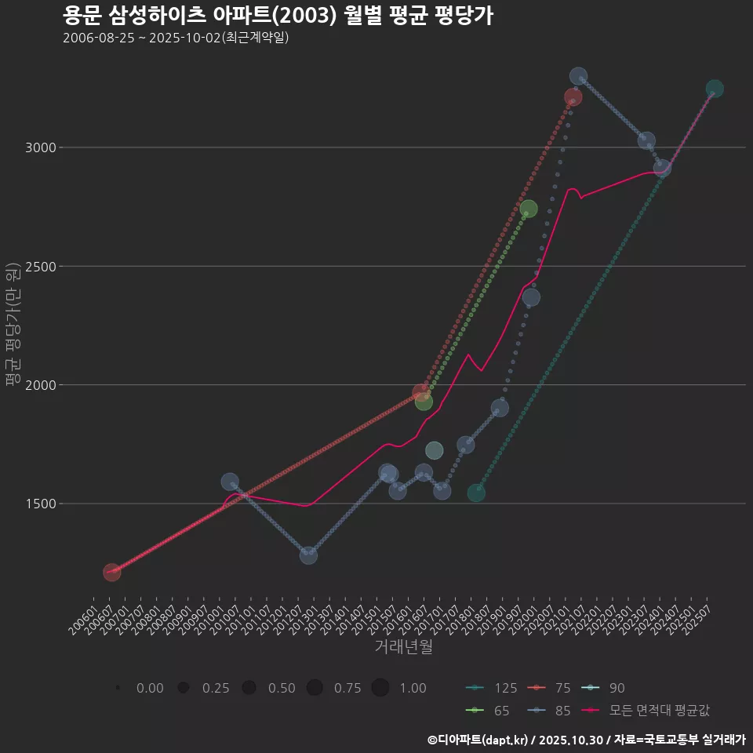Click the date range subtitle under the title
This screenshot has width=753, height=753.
[176, 38]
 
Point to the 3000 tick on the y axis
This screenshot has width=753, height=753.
[38, 147]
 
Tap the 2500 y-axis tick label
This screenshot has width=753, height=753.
[38, 266]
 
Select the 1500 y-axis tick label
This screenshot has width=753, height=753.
[38, 504]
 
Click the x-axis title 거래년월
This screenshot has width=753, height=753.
[403, 646]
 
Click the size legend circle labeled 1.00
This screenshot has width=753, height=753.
[380, 688]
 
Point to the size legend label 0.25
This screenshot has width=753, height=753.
[216, 688]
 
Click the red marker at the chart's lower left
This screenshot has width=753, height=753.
[111, 573]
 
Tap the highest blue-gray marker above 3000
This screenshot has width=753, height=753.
[578, 77]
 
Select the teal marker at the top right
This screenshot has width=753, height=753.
[715, 89]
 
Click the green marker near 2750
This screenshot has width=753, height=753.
[529, 209]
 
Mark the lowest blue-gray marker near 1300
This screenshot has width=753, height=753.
[308, 555]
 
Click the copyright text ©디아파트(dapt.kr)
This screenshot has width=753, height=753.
[478, 739]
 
